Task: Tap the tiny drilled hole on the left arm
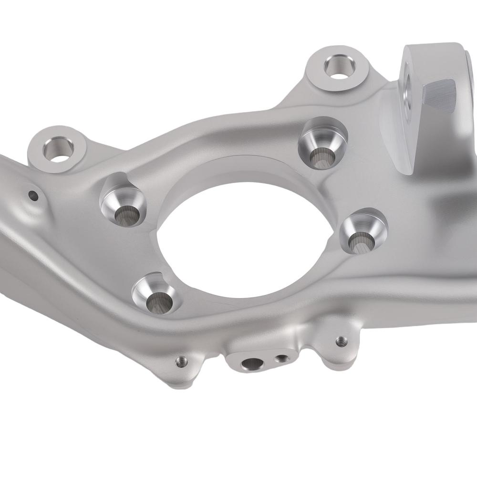tap(33, 195)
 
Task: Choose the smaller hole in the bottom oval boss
tap(283, 358)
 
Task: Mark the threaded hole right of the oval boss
tap(340, 341)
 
